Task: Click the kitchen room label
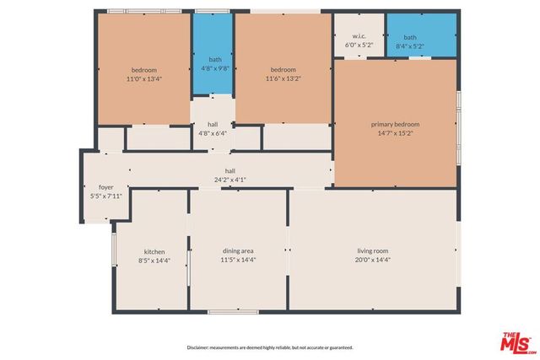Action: [x=154, y=251]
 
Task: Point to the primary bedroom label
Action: [x=395, y=124]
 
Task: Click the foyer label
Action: [x=105, y=187]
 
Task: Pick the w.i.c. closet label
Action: [x=358, y=37]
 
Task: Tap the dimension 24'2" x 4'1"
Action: [x=229, y=179]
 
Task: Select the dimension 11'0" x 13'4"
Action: [x=143, y=78]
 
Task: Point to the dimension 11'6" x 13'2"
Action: [x=283, y=78]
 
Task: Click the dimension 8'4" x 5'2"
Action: [x=410, y=46]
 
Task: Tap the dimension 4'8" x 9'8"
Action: [x=215, y=68]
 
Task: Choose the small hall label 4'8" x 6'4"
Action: [x=213, y=132]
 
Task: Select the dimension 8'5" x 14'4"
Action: [x=154, y=260]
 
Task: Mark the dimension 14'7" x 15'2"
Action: [x=395, y=132]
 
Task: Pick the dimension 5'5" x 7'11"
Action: [x=105, y=196]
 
